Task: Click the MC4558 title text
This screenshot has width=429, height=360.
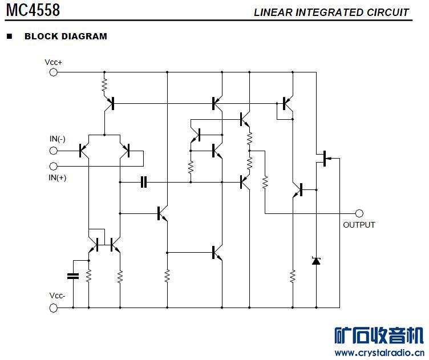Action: (33, 10)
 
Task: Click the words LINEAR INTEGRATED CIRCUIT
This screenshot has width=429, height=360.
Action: (331, 12)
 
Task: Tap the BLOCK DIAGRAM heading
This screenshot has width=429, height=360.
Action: (66, 37)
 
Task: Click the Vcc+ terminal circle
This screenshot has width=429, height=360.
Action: (54, 72)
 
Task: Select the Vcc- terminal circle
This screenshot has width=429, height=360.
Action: (54, 308)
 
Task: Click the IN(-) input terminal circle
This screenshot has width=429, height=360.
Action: (54, 151)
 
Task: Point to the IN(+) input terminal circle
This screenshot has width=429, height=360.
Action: (54, 166)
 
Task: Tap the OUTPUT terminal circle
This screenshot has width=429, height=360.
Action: (359, 213)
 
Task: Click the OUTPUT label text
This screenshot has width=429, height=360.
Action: (359, 225)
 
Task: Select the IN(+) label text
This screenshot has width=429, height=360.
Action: (58, 177)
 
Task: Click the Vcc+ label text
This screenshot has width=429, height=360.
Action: (53, 62)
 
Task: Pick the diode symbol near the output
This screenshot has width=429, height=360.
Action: (316, 261)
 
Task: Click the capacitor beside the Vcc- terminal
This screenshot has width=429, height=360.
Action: (72, 276)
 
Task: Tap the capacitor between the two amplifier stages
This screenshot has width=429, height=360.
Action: (144, 182)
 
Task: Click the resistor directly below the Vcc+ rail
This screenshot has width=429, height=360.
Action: (104, 86)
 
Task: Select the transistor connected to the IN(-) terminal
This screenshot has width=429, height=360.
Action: (84, 151)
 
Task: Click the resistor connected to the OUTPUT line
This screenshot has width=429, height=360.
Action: (265, 182)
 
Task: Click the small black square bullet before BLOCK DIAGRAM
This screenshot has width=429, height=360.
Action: (9, 37)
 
